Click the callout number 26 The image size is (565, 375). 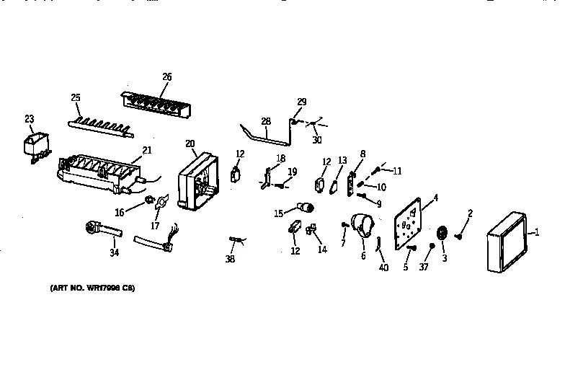pyautogui.click(x=167, y=77)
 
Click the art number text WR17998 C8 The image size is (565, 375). pyautogui.click(x=92, y=288)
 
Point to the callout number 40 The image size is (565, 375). pyautogui.click(x=383, y=268)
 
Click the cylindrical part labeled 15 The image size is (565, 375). pyautogui.click(x=306, y=209)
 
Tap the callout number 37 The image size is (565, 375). pyautogui.click(x=423, y=268)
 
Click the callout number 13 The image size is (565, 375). pyautogui.click(x=342, y=160)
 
